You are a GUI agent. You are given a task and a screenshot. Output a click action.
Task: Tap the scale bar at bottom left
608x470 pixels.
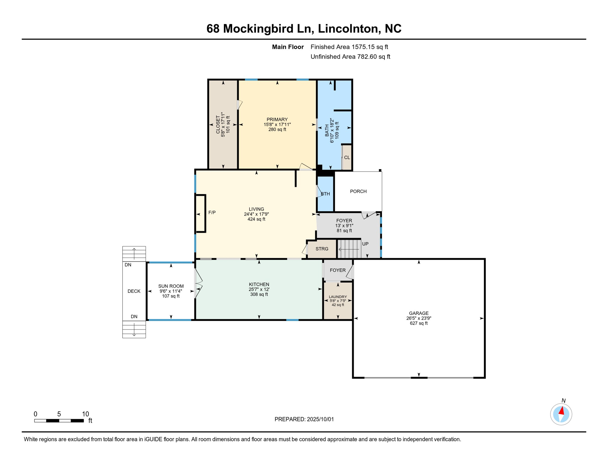(x=59, y=421)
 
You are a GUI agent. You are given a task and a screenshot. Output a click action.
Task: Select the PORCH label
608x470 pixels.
(x=358, y=192)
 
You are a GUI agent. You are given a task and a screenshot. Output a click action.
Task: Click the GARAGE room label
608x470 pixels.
(x=419, y=313)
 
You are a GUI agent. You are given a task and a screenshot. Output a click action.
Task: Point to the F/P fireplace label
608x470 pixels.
(x=212, y=212)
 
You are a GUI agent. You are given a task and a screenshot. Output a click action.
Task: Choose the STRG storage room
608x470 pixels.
(x=322, y=249)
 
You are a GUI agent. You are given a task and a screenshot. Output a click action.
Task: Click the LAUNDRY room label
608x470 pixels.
(x=338, y=297)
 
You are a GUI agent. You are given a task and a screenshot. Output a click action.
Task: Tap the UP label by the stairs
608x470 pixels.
(x=365, y=244)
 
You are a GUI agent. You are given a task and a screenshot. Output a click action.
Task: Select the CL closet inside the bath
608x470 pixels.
(x=347, y=157)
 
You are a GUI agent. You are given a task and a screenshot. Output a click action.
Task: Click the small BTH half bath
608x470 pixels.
(x=325, y=194)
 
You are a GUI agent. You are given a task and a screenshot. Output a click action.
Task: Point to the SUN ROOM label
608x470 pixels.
(x=171, y=286)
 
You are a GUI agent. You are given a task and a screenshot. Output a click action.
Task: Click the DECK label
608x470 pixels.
(x=134, y=291)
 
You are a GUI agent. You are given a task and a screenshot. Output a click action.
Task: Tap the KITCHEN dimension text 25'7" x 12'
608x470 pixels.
(x=259, y=289)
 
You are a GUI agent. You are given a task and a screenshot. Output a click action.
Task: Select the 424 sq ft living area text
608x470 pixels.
(x=256, y=219)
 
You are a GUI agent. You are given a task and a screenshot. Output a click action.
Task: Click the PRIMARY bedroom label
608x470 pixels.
(x=277, y=120)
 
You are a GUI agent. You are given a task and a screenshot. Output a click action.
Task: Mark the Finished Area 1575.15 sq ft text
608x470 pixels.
(x=349, y=47)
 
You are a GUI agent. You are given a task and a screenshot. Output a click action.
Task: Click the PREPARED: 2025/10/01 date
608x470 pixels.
(x=304, y=419)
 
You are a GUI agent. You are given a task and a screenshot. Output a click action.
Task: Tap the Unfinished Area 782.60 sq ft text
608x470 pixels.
(x=350, y=57)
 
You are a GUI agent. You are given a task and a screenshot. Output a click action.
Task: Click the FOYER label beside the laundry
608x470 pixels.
(x=338, y=270)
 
